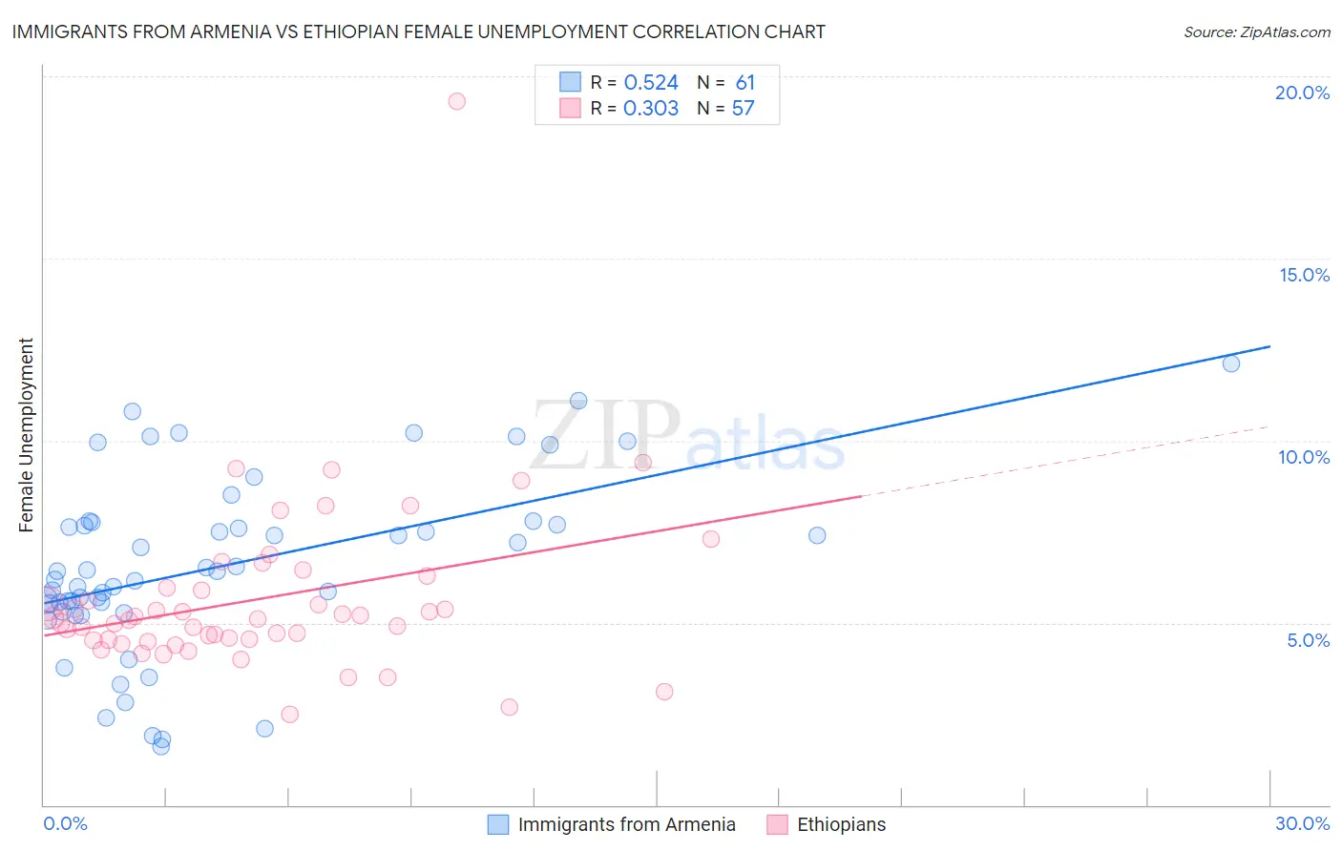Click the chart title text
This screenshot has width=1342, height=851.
pyautogui.click(x=418, y=31)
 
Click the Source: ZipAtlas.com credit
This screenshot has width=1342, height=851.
pyautogui.click(x=1256, y=31)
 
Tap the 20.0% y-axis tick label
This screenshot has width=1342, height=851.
pyautogui.click(x=1302, y=93)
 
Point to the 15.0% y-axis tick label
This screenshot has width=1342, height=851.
pyautogui.click(x=1304, y=275)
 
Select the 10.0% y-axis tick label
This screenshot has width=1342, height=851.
pyautogui.click(x=1304, y=457)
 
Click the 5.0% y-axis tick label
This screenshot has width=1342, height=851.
pyautogui.click(x=1308, y=640)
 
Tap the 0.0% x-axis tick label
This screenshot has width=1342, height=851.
pyautogui.click(x=65, y=823)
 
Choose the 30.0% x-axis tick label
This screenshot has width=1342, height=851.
pyautogui.click(x=1302, y=823)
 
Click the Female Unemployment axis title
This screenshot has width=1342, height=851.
pyautogui.click(x=26, y=435)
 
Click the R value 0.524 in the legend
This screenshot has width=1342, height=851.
pyautogui.click(x=651, y=83)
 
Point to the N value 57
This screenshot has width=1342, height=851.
pyautogui.click(x=743, y=109)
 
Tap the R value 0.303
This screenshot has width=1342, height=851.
pyautogui.click(x=651, y=109)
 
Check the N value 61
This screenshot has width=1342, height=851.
pyautogui.click(x=744, y=83)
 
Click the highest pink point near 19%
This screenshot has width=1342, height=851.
pyautogui.click(x=456, y=101)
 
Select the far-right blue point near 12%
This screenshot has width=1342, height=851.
pyautogui.click(x=1231, y=363)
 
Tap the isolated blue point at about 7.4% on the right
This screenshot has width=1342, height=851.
pyautogui.click(x=817, y=535)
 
